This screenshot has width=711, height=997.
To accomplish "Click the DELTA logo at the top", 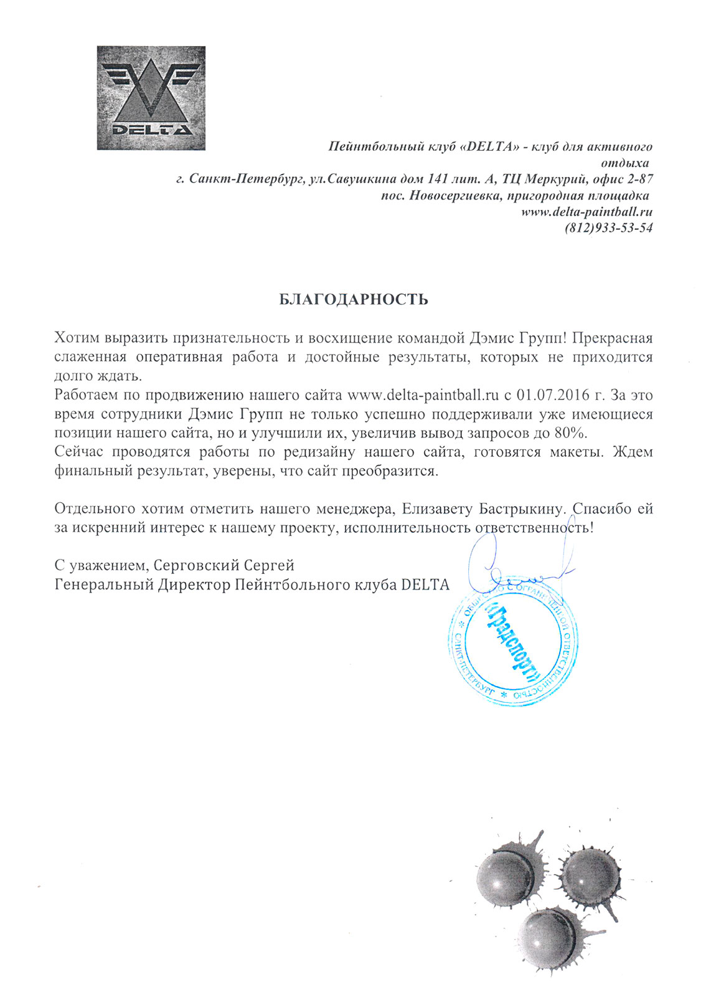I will pos(151,98).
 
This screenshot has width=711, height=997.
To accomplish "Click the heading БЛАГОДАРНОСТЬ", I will pos(353,300).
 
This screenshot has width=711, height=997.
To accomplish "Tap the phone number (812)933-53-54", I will pos(608,228).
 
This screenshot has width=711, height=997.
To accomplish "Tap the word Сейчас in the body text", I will pos(78,452).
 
